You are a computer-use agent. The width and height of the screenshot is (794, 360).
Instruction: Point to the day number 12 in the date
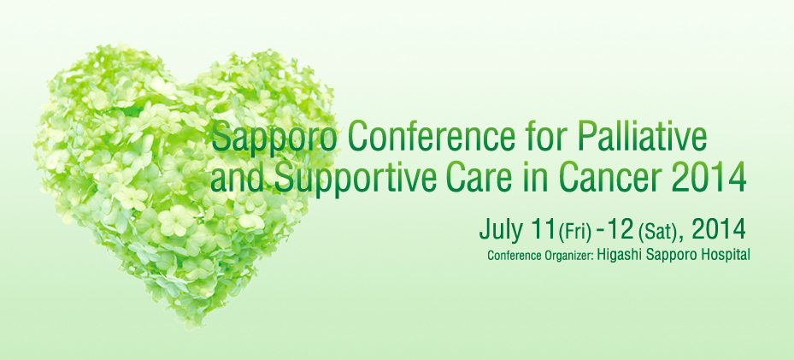621,230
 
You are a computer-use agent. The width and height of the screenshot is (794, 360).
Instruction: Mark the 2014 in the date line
718,230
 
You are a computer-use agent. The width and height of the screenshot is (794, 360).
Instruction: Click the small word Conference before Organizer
513,256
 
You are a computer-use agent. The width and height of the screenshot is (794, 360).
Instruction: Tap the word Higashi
617,255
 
